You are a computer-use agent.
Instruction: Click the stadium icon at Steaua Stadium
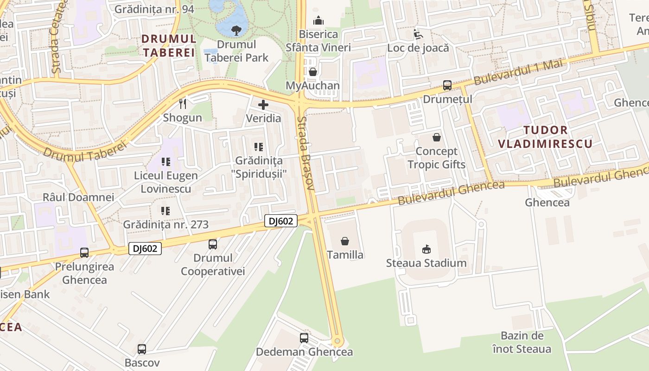coord(426,249)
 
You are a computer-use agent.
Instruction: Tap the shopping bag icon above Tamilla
coord(345,241)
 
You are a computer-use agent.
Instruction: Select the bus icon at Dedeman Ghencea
coord(304,338)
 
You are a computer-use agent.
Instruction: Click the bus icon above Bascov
coord(142,349)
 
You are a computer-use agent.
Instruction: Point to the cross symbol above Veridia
coord(263,105)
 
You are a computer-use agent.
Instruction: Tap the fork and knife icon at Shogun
coord(183,104)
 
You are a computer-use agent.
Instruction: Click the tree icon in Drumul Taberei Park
coord(236,31)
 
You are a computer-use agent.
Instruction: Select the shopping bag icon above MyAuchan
coord(313,72)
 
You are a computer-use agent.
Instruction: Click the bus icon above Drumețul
coord(447,85)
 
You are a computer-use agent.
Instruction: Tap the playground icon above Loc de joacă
coord(418,34)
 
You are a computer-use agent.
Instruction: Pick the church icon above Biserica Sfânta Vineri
coord(318,20)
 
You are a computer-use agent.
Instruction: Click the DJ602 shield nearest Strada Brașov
coord(281,221)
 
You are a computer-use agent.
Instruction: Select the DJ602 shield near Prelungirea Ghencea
coord(145,249)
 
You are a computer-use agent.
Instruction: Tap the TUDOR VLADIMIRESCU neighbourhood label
coord(545,137)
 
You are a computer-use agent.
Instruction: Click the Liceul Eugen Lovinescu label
coord(166,182)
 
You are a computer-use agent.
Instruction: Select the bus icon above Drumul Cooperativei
coord(213,244)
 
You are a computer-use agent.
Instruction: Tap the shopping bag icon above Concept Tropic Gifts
coord(437,137)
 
